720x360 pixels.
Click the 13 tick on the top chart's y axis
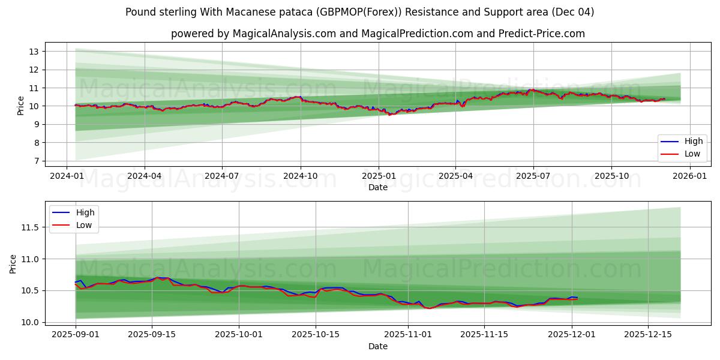(34, 52)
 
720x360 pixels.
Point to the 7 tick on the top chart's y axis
(35, 161)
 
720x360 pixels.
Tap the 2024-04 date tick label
(145, 176)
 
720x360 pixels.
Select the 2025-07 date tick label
(533, 176)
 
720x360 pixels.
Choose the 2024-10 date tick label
(300, 176)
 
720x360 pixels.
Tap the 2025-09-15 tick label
(152, 335)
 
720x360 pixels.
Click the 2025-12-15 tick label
(648, 335)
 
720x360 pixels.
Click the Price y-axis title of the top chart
(21, 106)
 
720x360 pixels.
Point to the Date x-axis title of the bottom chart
(378, 346)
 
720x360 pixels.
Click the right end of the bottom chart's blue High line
(577, 298)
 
